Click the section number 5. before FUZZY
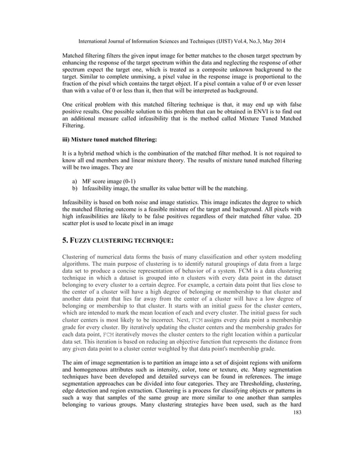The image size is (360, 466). coord(64,240)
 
